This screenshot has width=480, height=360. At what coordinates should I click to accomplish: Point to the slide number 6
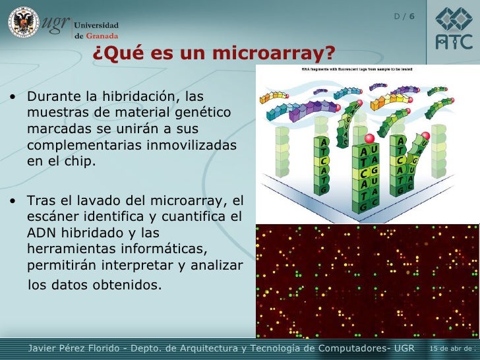click(411, 15)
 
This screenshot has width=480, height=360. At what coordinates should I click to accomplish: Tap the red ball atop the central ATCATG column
click(369, 138)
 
